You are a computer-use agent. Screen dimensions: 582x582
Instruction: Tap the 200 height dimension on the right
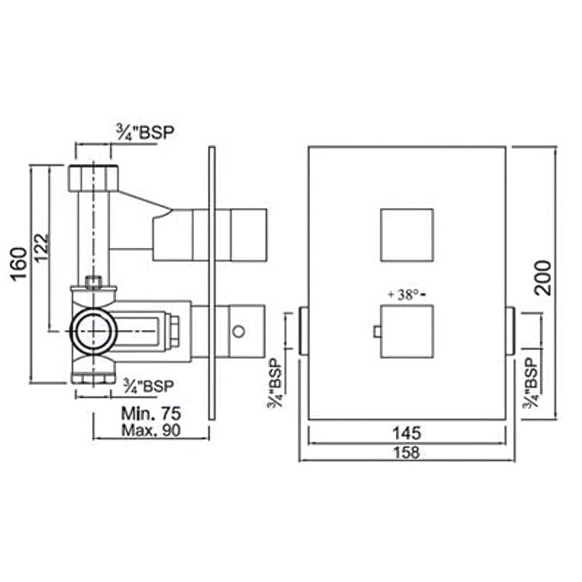543,277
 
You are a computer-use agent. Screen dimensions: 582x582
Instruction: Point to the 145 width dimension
407,433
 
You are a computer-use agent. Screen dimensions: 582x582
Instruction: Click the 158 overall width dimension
407,452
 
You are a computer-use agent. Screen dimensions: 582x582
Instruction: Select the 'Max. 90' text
151,430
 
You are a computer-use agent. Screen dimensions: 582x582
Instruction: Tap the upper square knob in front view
407,235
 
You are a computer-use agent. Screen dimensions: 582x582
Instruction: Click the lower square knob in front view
407,331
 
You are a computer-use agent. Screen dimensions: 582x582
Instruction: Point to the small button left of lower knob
376,331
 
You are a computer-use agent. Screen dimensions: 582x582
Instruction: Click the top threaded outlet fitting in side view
93,178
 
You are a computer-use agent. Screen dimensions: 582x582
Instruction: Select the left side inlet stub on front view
304,331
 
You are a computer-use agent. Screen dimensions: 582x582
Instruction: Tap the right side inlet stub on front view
510,331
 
